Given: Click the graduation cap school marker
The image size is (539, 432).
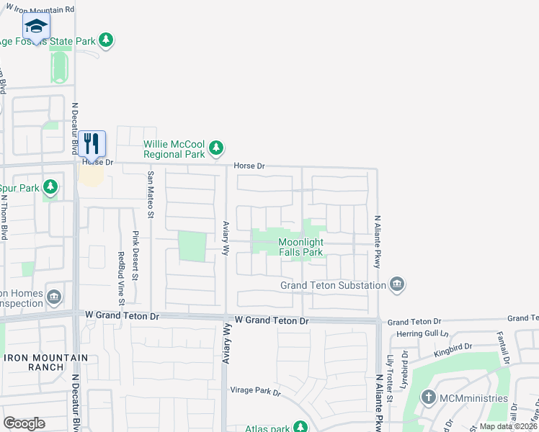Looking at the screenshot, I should (x=35, y=27).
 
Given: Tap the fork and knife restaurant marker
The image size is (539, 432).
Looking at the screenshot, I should (x=91, y=142).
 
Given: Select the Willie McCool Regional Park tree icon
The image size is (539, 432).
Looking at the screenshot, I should (x=215, y=148).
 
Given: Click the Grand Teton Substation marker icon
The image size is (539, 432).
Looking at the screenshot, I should (x=397, y=285).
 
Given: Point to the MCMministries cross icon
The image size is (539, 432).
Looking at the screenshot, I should (x=429, y=397).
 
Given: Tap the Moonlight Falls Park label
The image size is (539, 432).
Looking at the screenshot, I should (x=300, y=248).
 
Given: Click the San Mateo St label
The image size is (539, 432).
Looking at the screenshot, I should (x=151, y=194).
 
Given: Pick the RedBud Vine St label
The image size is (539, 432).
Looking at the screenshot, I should (x=120, y=274).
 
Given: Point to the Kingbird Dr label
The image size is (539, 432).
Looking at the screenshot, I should (x=452, y=350).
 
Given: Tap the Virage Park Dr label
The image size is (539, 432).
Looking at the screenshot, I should (x=255, y=391).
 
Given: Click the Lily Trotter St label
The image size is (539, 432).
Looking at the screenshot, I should (x=390, y=377).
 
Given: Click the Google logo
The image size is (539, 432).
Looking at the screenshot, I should (x=24, y=423).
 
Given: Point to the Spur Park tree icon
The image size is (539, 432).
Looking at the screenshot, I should (x=50, y=188).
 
